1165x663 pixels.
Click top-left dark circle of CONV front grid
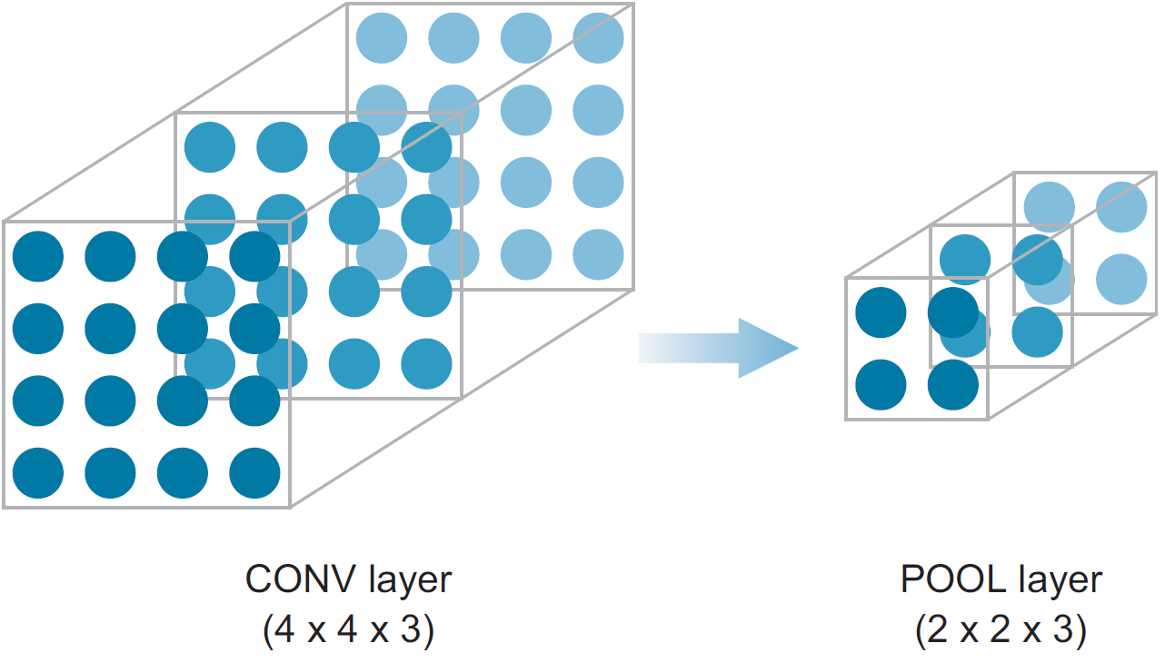pyautogui.click(x=38, y=256)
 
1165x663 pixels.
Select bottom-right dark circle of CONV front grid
pyautogui.click(x=254, y=473)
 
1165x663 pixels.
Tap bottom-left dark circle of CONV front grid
pyautogui.click(x=38, y=473)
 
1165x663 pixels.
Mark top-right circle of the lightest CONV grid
pyautogui.click(x=599, y=37)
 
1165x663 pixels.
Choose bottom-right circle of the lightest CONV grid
pyautogui.click(x=599, y=254)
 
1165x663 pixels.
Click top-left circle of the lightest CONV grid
pyautogui.click(x=382, y=37)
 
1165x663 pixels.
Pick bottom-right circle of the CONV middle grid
pyautogui.click(x=426, y=363)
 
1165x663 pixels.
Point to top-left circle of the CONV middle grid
pyautogui.click(x=210, y=146)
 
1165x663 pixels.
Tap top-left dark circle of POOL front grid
pyautogui.click(x=881, y=312)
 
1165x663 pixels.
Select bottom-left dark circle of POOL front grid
pyautogui.click(x=881, y=385)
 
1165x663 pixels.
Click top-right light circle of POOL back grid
pyautogui.click(x=1121, y=206)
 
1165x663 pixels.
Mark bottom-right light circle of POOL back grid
pyautogui.click(x=1121, y=279)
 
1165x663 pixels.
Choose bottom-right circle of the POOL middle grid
pyautogui.click(x=1037, y=332)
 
